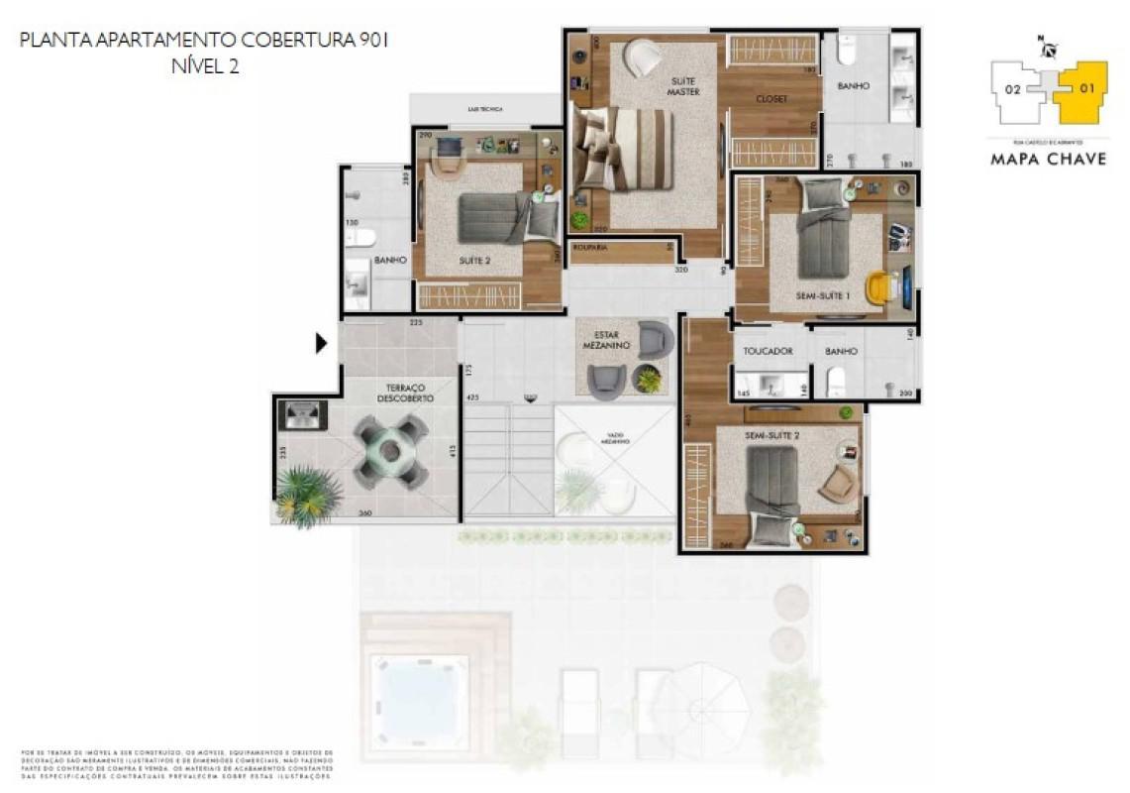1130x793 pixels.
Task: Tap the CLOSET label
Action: (771, 99)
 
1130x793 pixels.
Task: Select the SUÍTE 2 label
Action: (475, 261)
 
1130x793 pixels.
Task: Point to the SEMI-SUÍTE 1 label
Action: (824, 295)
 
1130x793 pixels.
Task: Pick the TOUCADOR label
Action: (768, 351)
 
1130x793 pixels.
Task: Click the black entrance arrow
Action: (321, 343)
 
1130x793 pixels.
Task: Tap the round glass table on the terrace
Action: (390, 451)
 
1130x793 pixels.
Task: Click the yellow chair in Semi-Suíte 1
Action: (878, 287)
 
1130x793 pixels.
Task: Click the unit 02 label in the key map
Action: (1012, 89)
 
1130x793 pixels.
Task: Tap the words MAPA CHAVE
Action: (1048, 159)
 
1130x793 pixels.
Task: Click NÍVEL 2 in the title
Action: (205, 66)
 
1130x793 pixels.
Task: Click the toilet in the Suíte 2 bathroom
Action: (361, 238)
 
